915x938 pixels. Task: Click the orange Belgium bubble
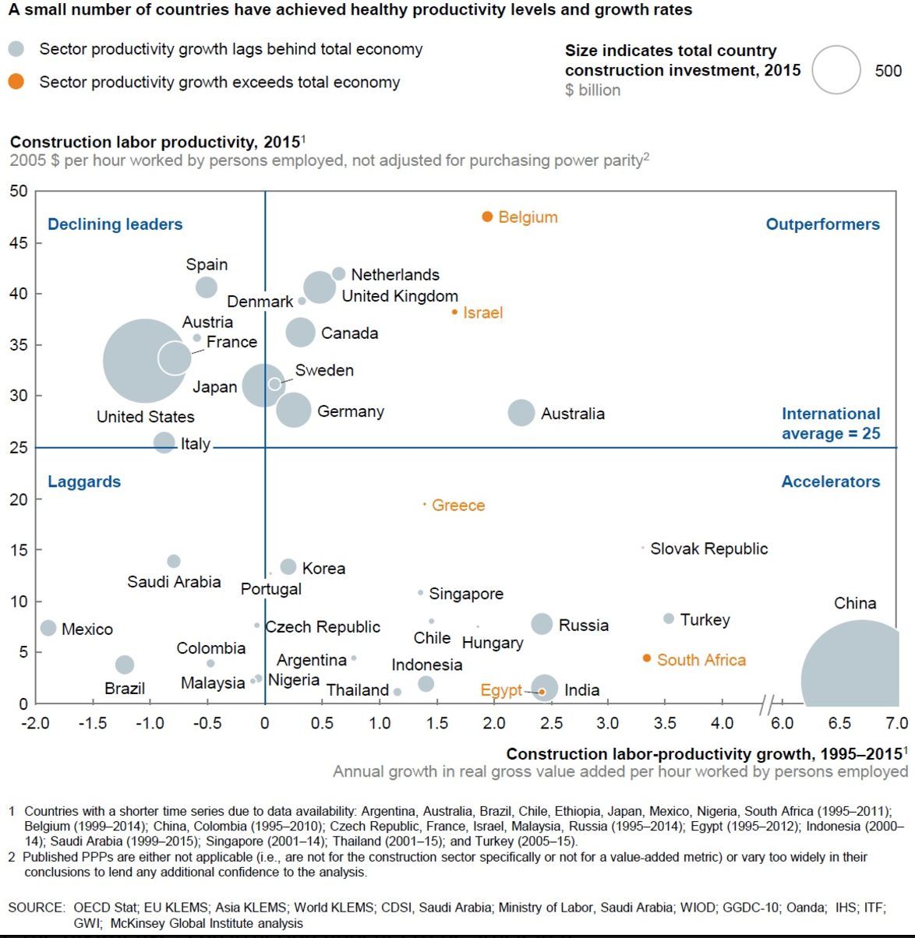point(487,217)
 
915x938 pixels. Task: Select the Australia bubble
point(521,413)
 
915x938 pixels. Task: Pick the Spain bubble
point(206,287)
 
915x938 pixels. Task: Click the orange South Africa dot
point(647,658)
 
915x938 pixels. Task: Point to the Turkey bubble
point(668,619)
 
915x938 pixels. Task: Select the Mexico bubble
point(48,628)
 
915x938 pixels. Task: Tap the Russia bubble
point(542,624)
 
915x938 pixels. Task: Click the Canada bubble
point(300,333)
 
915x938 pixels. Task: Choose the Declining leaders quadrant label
point(115,224)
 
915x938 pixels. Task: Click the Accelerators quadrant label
point(830,481)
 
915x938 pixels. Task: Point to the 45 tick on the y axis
point(19,243)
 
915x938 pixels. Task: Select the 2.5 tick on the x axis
point(551,723)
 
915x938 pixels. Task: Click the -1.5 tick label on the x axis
point(92,723)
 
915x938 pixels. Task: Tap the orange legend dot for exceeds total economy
point(16,82)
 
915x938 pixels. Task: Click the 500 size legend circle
point(836,70)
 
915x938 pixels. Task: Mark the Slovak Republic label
point(708,548)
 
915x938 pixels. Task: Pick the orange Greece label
point(458,505)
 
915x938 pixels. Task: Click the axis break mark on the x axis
point(768,705)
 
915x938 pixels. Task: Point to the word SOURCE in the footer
point(36,908)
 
